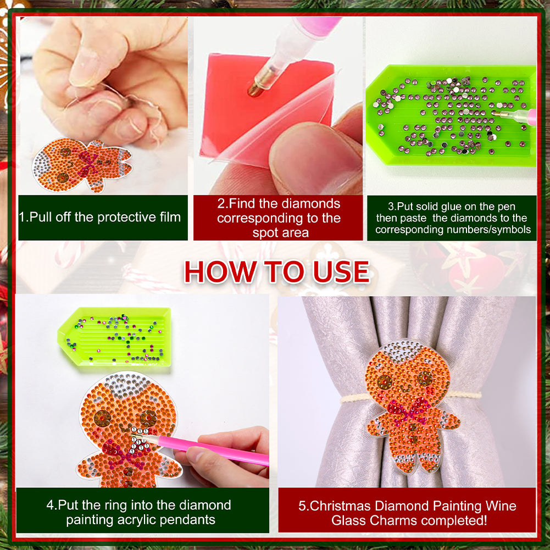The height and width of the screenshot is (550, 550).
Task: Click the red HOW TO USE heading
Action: pos(276,271)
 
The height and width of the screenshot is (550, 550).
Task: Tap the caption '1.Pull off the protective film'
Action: pos(100,217)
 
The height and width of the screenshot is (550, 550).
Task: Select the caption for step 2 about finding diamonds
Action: pos(278,218)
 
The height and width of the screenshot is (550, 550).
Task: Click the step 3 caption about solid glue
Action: pos(452,218)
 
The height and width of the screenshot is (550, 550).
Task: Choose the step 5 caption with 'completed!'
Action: pos(407,512)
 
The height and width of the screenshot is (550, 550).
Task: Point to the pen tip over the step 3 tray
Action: pos(497,114)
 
